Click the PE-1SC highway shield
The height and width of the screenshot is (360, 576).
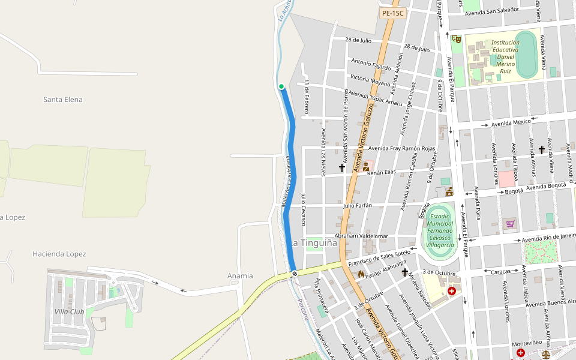pyautogui.click(x=394, y=13)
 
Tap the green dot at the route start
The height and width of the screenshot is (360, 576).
pyautogui.click(x=281, y=86)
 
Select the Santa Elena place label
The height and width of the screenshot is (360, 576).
pyautogui.click(x=63, y=100)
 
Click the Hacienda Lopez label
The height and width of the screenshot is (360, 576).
pyautogui.click(x=59, y=254)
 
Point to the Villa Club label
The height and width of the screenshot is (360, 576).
pyautogui.click(x=69, y=311)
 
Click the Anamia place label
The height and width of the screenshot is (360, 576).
pyautogui.click(x=240, y=276)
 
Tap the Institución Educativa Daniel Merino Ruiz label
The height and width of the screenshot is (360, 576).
pyautogui.click(x=505, y=56)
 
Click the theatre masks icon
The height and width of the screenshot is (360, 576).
pyautogui.click(x=457, y=39)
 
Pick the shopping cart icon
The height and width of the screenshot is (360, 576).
pyautogui.click(x=510, y=224)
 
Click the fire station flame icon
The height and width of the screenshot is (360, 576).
pyautogui.click(x=361, y=274)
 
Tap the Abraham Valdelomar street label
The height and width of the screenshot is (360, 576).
pyautogui.click(x=361, y=236)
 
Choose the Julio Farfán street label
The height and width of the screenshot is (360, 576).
pyautogui.click(x=358, y=206)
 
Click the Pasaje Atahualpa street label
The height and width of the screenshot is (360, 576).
pyautogui.click(x=386, y=267)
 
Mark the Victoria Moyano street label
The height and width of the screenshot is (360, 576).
pyautogui.click(x=370, y=79)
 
